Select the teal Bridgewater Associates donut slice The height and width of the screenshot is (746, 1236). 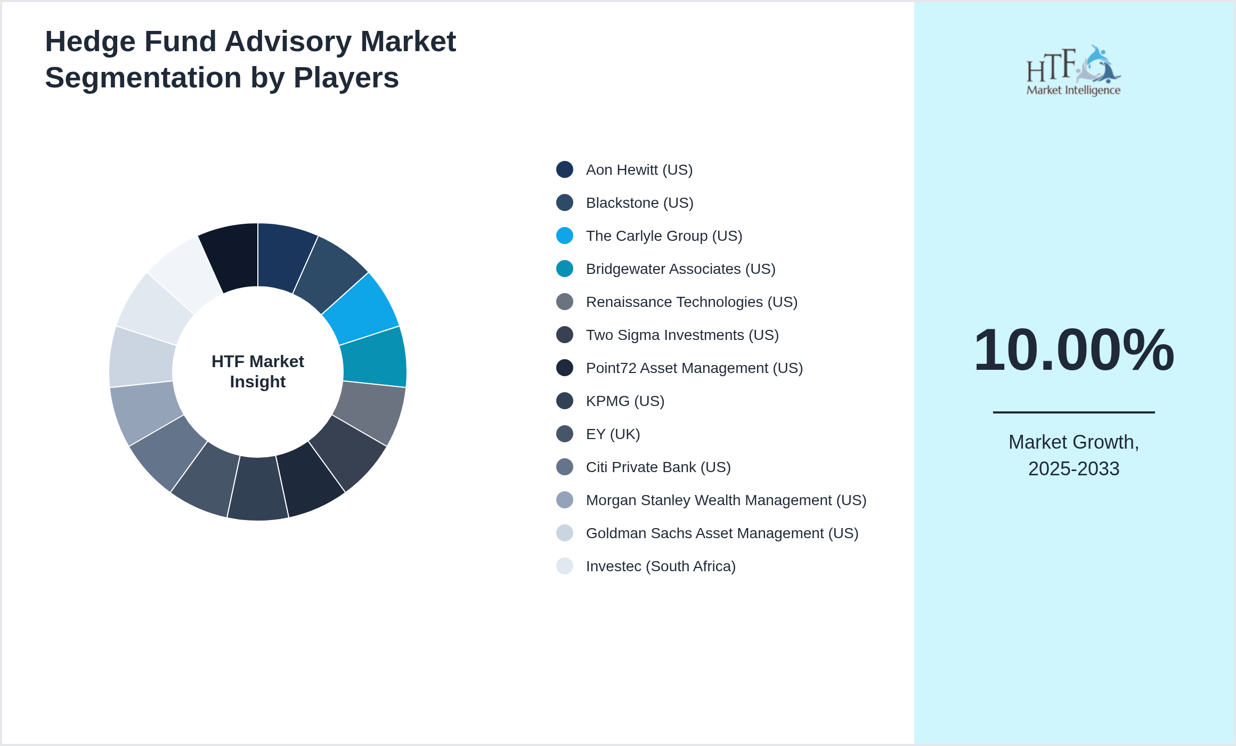(374, 357)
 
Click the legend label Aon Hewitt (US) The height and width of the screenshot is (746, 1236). (639, 169)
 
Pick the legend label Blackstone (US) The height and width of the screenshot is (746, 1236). (639, 202)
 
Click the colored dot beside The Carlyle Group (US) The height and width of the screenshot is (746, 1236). (564, 236)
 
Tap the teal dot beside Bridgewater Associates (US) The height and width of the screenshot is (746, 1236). (564, 269)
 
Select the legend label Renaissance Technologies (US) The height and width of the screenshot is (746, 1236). (691, 302)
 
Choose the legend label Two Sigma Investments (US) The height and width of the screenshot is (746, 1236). (682, 335)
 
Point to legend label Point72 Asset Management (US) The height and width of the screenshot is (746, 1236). (694, 368)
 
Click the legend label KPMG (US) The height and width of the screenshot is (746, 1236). (625, 401)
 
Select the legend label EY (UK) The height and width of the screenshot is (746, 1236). (613, 434)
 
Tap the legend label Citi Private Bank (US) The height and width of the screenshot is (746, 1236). (658, 467)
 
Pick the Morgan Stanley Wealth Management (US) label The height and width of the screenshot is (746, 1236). (726, 500)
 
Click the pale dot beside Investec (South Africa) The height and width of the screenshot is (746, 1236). (564, 566)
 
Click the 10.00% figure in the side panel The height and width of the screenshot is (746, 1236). (1073, 350)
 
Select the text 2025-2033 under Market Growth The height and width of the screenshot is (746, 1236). (1073, 469)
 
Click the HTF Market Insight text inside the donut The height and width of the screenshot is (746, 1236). (258, 371)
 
